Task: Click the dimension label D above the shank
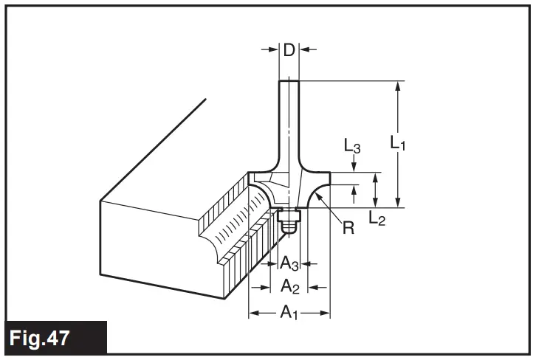[289, 50]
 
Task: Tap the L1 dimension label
[398, 141]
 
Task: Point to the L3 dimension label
[353, 147]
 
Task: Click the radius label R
[348, 227]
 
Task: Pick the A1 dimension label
[289, 313]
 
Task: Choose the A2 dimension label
[289, 286]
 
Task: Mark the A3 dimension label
[289, 262]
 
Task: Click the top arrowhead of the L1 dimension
[398, 86]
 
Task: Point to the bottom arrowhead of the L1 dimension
[398, 203]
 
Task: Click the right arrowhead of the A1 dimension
[325, 314]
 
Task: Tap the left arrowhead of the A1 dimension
[253, 314]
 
